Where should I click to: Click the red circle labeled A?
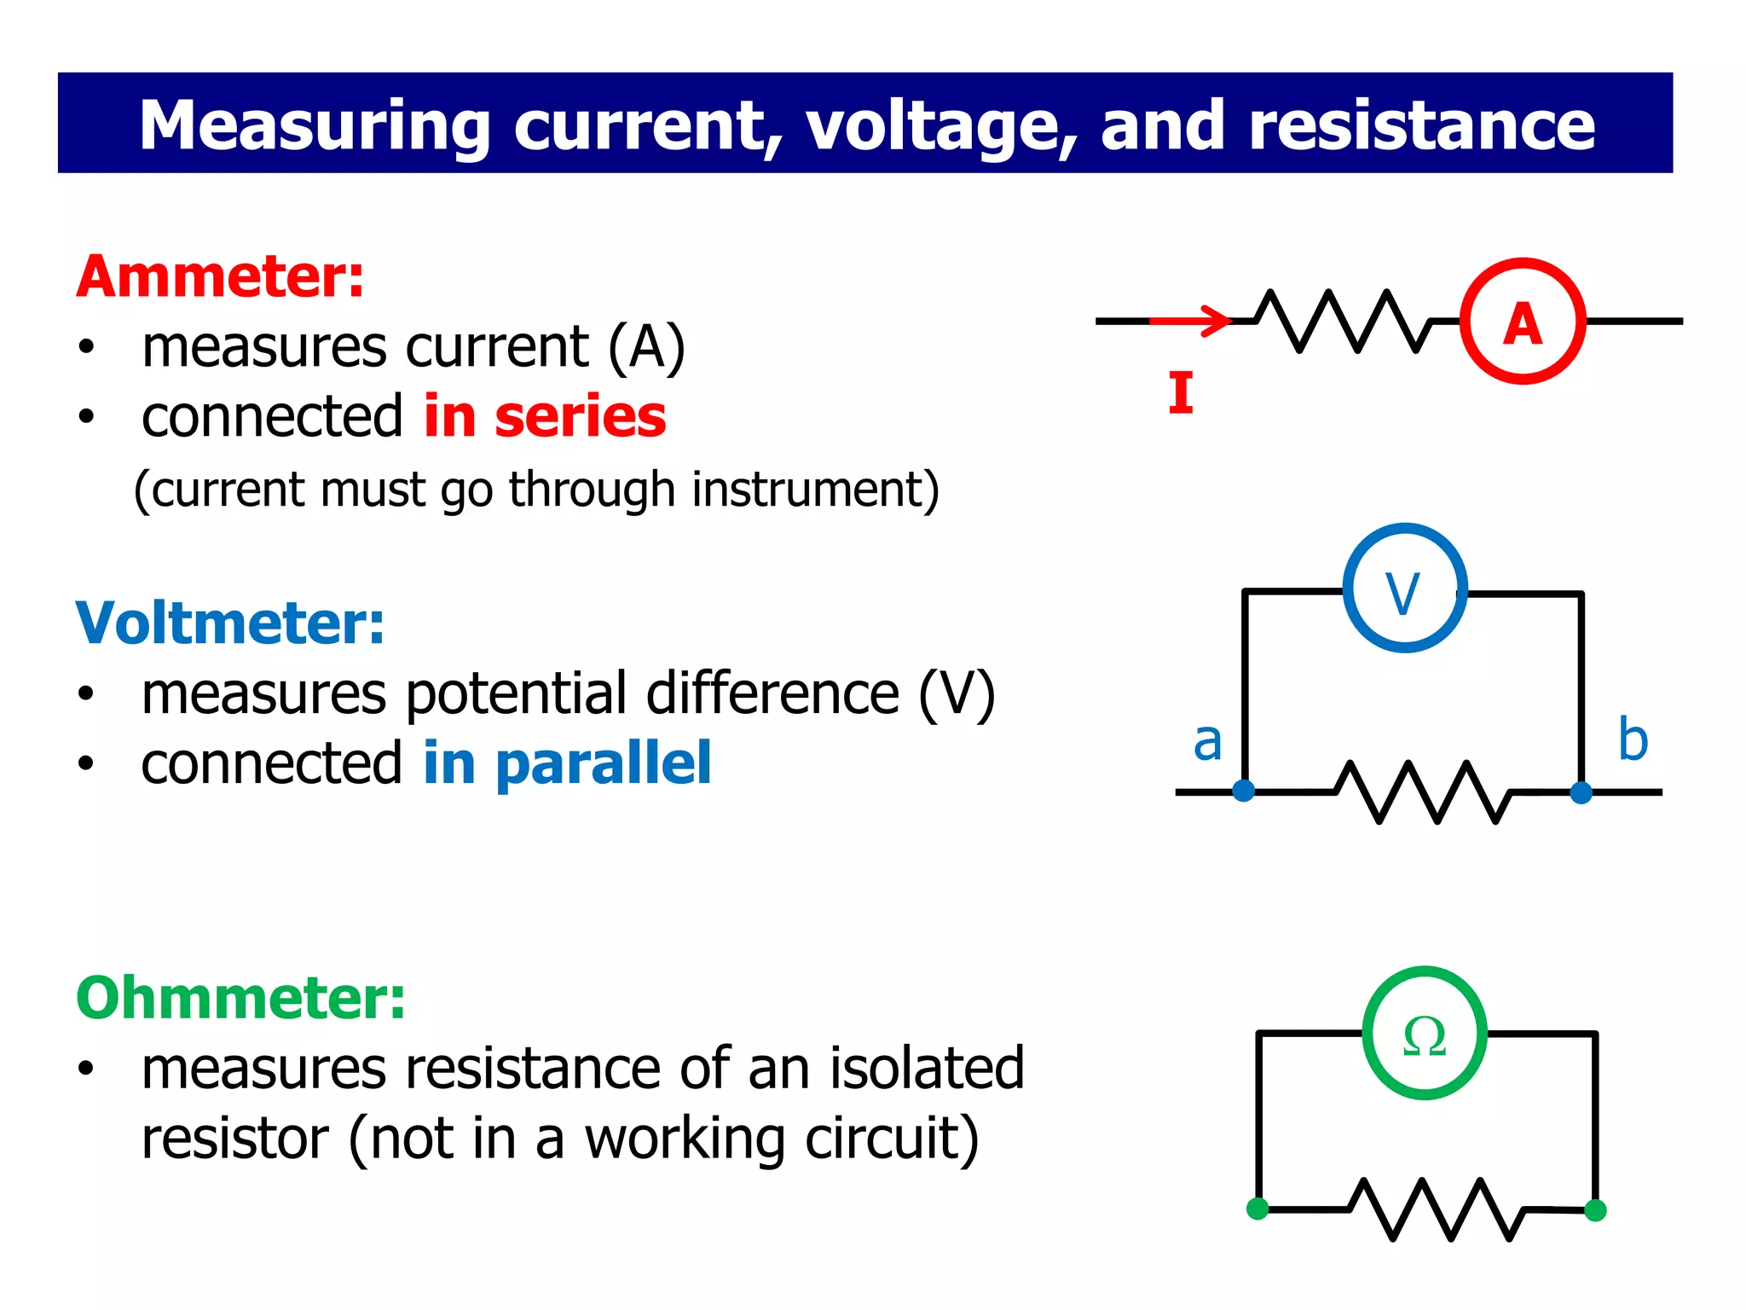point(1523,322)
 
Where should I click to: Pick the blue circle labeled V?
point(1405,588)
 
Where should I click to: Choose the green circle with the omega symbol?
point(1425,1034)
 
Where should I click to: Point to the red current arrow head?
point(1219,321)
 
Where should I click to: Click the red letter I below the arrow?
point(1181,393)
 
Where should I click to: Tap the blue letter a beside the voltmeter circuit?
point(1207,740)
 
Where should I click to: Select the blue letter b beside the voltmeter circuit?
point(1633,739)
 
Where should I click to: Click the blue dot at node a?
point(1244,791)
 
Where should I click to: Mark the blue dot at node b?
point(1581,792)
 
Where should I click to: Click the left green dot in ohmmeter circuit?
point(1257,1209)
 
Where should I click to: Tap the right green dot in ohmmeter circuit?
point(1595,1210)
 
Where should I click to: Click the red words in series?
point(545,417)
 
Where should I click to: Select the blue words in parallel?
point(567,763)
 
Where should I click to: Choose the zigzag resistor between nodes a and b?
point(1422,791)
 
